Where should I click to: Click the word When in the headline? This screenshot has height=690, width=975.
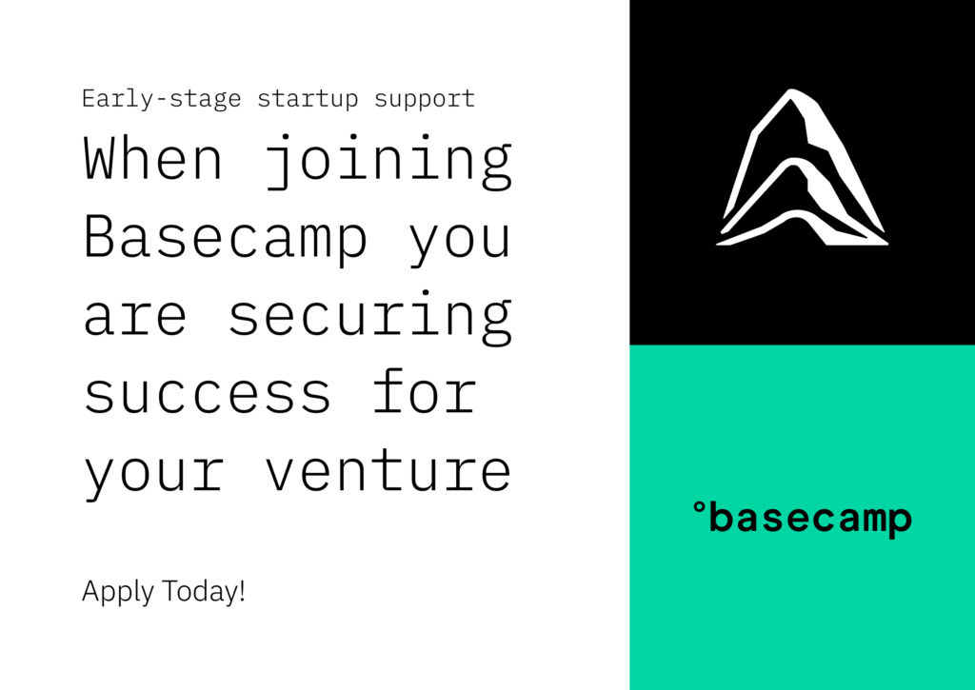point(153,158)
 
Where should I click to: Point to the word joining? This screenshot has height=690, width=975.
point(388,162)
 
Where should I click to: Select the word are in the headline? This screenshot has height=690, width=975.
point(135,316)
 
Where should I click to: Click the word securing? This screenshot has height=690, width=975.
point(370,318)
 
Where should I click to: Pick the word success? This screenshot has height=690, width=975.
point(208,395)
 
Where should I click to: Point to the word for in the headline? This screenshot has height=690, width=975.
point(425,390)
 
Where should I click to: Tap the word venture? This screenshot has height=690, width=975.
point(388,470)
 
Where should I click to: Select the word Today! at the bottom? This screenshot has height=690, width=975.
point(204,590)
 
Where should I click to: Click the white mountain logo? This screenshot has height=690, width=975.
point(802,168)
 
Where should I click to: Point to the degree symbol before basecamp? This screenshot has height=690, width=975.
point(700,508)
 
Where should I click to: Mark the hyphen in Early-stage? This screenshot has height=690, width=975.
point(160,101)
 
